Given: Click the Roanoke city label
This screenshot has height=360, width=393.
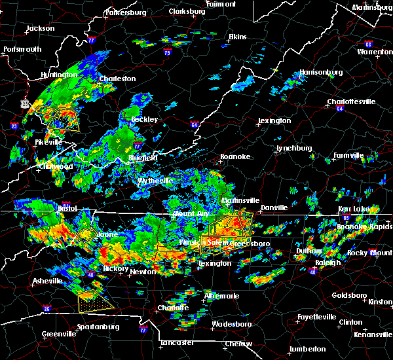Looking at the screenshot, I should tap(234, 156).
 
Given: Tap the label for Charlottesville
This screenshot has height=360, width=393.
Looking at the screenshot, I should tap(351, 101).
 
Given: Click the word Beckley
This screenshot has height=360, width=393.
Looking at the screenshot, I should tap(144, 119).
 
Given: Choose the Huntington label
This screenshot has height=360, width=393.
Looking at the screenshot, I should tap(58, 75).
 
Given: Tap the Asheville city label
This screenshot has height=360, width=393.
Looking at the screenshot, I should tap(47, 281).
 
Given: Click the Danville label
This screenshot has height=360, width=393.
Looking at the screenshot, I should tap(274, 207).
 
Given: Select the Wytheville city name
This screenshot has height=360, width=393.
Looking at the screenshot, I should tap(155, 181).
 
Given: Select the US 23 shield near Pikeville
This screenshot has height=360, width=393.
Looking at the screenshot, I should tap(25, 103).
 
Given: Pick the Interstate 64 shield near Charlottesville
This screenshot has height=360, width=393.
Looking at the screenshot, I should tap(340, 109).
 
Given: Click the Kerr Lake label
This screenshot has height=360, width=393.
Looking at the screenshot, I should tap(350, 209).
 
